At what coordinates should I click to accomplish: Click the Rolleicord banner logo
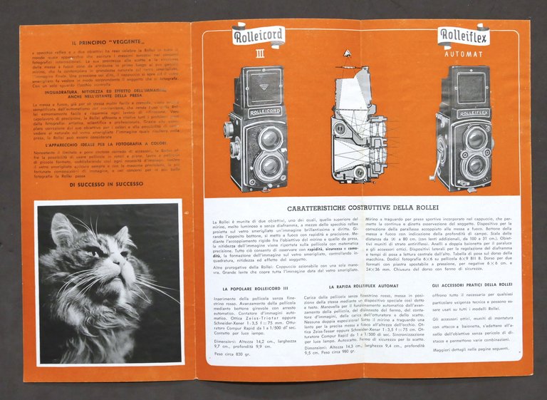point(259,35)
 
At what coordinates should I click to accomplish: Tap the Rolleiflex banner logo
point(463,36)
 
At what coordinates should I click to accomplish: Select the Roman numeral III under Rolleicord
point(260,53)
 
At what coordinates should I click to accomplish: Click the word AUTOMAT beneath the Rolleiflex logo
point(464,53)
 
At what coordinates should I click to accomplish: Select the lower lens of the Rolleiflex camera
point(475,166)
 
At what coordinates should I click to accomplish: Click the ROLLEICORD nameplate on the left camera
point(264,112)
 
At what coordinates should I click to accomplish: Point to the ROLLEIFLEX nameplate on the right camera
point(473,113)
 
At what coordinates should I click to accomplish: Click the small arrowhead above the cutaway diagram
point(348,52)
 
